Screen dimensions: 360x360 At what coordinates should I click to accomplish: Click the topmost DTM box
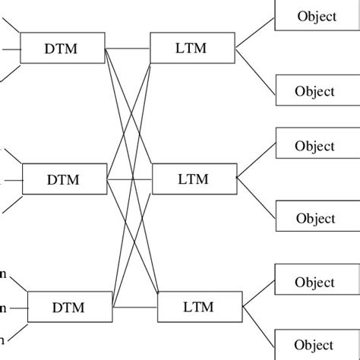[x=62, y=49]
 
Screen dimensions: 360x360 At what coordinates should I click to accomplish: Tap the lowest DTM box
[x=70, y=308]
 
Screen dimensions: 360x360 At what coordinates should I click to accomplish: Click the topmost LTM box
[x=182, y=49]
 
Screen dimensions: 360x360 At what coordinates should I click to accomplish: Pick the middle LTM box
[x=193, y=179]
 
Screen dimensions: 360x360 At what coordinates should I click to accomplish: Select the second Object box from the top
[x=316, y=91]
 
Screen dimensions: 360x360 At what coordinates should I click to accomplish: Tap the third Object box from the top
[x=316, y=146]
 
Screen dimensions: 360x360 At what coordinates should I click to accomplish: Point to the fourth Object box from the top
[x=316, y=219]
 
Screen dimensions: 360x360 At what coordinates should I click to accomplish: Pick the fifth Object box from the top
[x=316, y=282]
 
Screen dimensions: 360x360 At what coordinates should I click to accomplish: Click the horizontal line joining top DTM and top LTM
[x=128, y=50]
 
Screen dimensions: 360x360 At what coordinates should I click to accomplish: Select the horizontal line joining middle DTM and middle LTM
[x=131, y=180]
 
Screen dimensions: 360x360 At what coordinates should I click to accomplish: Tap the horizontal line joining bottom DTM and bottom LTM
[x=135, y=308]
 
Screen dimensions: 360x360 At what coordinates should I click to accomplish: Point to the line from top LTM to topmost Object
[x=245, y=33]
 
